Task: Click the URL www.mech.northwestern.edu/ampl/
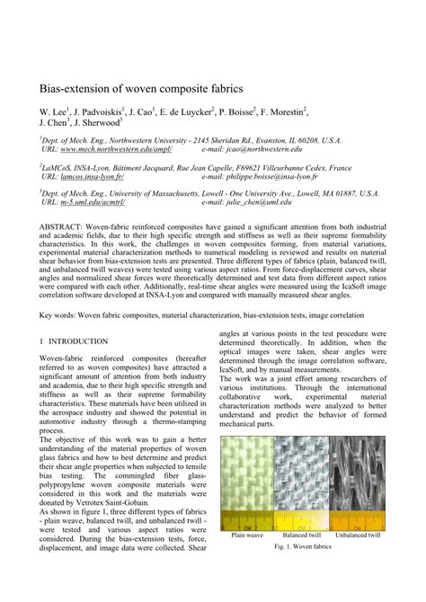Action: click(x=107, y=149)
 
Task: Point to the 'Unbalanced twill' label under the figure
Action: click(x=357, y=535)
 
